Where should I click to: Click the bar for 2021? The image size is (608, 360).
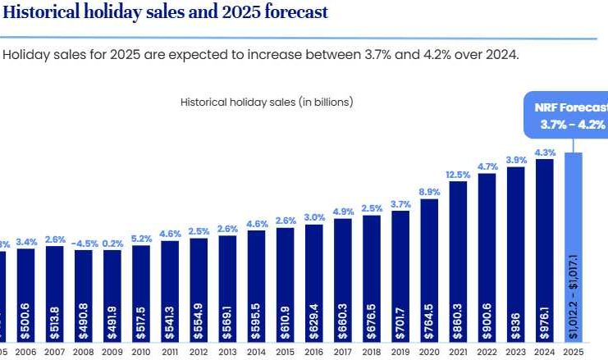click(458, 262)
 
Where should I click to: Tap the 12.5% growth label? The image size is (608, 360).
click(458, 175)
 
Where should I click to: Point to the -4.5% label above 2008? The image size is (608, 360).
click(83, 243)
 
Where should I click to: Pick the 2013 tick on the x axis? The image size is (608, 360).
click(228, 351)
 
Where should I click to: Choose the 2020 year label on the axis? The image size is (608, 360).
click(429, 351)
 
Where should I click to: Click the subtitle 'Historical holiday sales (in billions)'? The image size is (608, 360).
click(267, 103)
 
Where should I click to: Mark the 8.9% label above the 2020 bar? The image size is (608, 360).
click(429, 192)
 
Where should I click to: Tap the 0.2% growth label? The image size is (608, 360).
click(112, 243)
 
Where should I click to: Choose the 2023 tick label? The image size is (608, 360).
click(515, 351)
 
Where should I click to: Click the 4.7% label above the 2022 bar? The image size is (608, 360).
click(487, 166)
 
